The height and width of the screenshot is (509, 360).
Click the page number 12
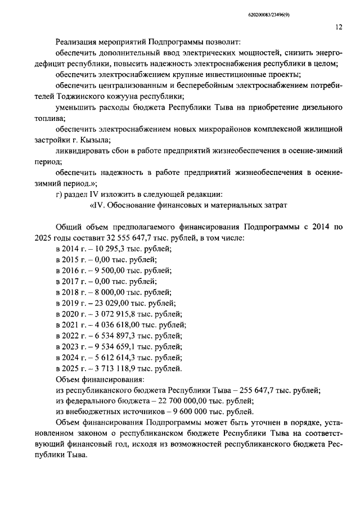339,26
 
